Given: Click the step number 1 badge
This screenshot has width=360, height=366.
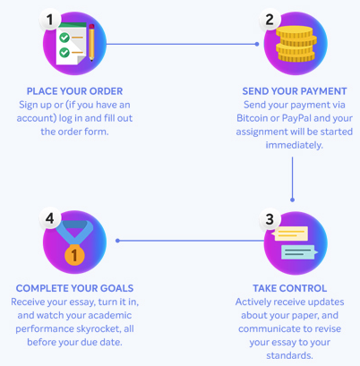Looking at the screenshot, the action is click(x=50, y=20).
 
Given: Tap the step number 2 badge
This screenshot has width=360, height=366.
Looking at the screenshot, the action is click(x=270, y=20).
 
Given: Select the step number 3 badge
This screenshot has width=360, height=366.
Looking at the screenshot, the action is click(x=270, y=219).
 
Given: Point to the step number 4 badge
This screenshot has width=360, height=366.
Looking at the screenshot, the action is click(x=50, y=218).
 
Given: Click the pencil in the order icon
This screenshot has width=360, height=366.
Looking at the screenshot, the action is click(x=91, y=42).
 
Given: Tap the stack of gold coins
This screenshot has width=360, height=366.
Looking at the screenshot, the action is click(x=296, y=44).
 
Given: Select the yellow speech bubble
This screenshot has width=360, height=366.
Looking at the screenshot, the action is click(x=289, y=234).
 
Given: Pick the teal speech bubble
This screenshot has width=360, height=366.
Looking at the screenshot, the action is click(x=299, y=252).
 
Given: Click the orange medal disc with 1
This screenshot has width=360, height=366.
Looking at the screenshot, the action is click(x=74, y=255).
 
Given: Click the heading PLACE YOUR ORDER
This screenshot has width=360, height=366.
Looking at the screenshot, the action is click(x=74, y=91).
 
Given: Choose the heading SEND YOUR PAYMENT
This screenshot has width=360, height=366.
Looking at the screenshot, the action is click(x=295, y=91).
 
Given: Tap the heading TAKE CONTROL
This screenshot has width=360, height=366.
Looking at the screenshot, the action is click(x=290, y=288).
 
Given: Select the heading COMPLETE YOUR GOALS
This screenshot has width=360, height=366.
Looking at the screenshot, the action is click(x=74, y=288).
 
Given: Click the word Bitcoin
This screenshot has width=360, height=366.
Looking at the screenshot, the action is click(x=252, y=118).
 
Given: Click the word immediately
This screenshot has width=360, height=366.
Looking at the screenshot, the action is click(x=295, y=145).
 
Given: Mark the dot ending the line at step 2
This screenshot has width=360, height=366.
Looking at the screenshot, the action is click(x=257, y=44).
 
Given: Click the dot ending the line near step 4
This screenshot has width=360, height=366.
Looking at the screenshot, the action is click(x=117, y=241).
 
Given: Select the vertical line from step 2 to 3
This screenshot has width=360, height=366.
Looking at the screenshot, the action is click(x=292, y=178).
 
